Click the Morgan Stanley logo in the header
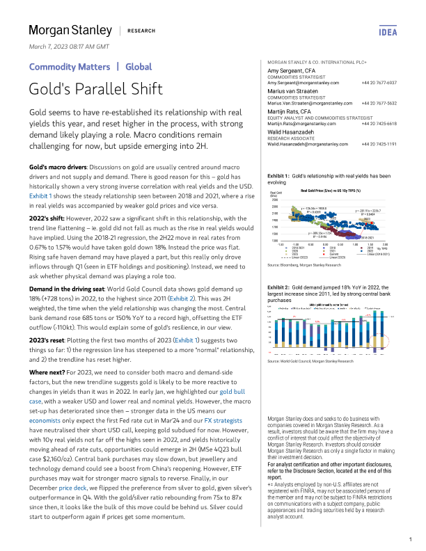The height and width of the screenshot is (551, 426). (x=70, y=31)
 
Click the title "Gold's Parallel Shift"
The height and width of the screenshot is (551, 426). (x=96, y=89)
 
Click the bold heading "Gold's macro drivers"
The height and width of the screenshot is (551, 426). (x=56, y=169)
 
